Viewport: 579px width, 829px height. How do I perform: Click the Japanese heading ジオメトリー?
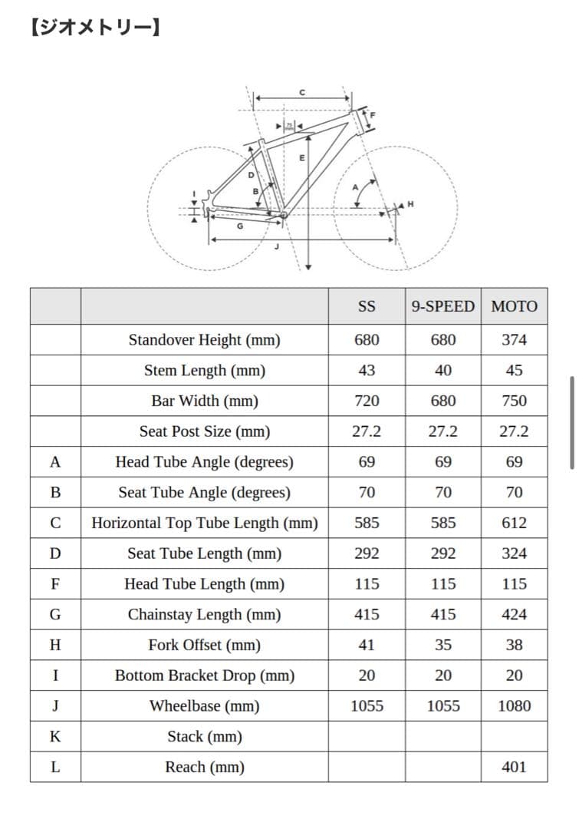[96, 30]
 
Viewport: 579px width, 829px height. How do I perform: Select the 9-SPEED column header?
[442, 306]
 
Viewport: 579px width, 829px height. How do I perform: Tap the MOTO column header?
[514, 306]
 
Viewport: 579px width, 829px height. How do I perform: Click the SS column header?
[367, 306]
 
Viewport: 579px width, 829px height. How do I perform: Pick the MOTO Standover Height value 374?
[514, 339]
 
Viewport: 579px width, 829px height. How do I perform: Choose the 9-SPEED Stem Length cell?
[442, 370]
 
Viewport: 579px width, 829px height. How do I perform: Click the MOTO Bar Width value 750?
[514, 401]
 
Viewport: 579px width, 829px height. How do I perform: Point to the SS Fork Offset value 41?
[367, 645]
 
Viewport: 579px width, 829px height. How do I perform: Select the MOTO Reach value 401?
[514, 767]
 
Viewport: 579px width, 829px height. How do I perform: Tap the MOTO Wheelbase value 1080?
[514, 706]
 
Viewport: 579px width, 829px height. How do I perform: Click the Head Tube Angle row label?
[204, 462]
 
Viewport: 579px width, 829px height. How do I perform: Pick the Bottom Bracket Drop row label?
[204, 675]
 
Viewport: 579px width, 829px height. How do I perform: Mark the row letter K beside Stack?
[55, 737]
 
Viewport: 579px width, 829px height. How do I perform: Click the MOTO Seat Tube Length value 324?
[514, 553]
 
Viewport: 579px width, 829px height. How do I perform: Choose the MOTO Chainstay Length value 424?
[514, 614]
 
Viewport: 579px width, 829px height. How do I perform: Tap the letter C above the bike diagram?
[302, 92]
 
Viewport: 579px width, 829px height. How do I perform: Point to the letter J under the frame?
[276, 246]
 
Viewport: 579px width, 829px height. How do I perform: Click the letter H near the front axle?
[410, 204]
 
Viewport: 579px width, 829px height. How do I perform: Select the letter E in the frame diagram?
[302, 157]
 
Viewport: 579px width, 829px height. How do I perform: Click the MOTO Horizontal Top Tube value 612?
[514, 523]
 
